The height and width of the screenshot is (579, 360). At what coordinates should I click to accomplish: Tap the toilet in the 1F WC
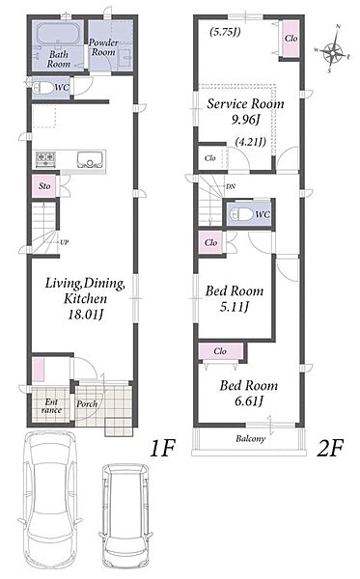pos(42,88)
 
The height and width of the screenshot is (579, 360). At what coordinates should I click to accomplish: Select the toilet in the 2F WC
pos(240,214)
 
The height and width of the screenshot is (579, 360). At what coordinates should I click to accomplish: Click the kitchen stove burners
pos(45,159)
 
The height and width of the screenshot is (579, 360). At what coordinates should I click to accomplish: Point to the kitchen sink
pos(90,159)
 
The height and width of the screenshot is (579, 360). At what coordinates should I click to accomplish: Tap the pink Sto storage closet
pos(44,185)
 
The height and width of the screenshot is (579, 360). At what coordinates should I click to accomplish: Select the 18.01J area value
pos(85,315)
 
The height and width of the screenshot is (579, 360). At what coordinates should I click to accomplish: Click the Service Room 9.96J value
pos(246,120)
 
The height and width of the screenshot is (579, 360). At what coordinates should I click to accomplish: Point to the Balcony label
pos(250,439)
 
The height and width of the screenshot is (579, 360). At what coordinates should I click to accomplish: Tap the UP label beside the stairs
pos(65,242)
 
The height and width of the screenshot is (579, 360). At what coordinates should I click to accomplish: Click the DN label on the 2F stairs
pos(231,186)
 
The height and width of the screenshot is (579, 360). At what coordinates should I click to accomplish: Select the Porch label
pos(87,404)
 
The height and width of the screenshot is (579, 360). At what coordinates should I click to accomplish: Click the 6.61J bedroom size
pos(249,401)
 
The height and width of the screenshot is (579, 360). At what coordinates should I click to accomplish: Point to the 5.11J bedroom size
pos(235,307)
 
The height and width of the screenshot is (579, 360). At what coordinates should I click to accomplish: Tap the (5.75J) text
pos(225,32)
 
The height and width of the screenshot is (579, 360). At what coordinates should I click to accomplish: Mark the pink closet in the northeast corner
pos(291,39)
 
